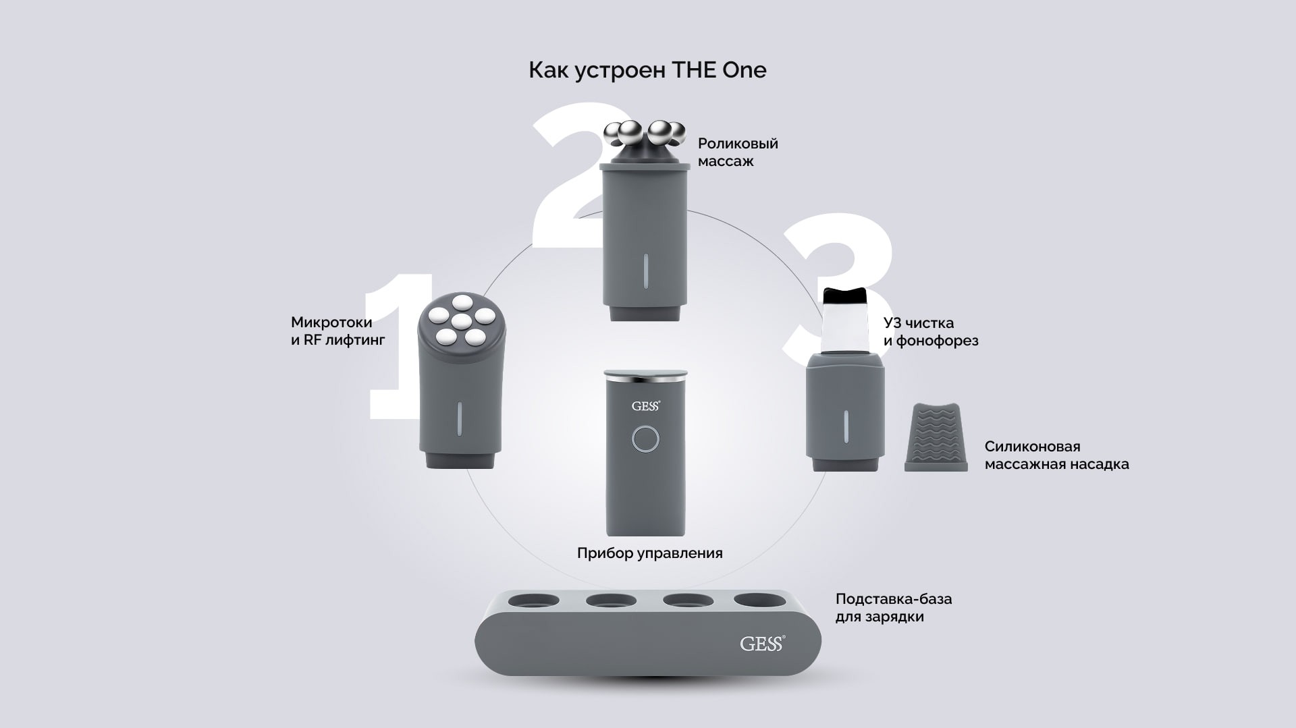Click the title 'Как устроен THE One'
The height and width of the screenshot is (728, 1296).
click(x=647, y=70)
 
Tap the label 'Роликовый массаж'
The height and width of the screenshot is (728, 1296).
click(x=738, y=152)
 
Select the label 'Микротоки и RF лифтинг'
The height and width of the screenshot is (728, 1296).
click(x=338, y=331)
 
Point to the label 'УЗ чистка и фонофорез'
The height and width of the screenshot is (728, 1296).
click(x=931, y=332)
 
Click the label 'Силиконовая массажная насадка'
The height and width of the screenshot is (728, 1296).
click(x=1056, y=455)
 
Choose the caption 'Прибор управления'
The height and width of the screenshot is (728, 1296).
click(x=649, y=553)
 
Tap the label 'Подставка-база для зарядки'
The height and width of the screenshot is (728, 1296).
click(x=894, y=608)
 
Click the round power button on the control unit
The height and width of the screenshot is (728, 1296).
click(x=646, y=439)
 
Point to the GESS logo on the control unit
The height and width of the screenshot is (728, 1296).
click(x=646, y=405)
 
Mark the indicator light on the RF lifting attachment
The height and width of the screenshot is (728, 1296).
click(x=459, y=420)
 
